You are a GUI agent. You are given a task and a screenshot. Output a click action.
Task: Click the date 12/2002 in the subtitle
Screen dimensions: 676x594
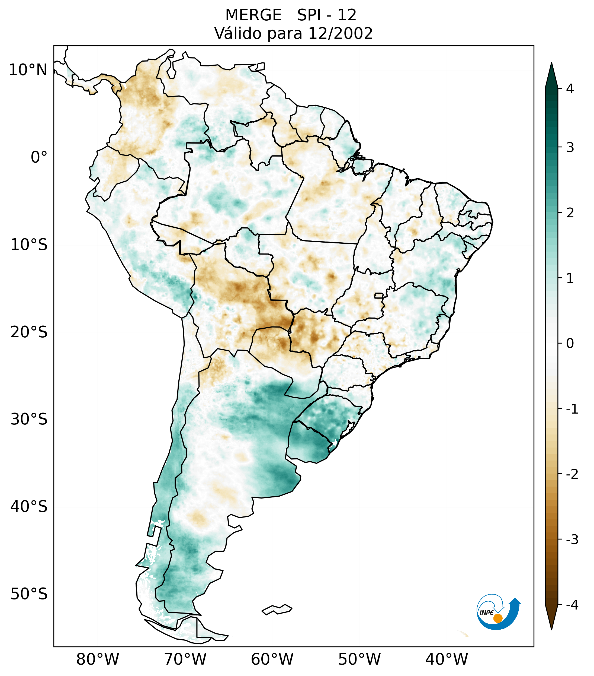340,33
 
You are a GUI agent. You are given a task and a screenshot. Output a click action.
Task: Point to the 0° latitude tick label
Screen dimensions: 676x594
39,157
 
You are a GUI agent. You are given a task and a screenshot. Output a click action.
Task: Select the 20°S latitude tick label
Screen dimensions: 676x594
29,332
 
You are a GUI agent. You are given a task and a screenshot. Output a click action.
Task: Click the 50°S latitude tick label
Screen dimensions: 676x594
29,594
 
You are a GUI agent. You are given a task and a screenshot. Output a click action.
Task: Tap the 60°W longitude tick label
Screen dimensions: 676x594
272,659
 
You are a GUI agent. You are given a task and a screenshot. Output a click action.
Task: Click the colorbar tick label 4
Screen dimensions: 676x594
570,89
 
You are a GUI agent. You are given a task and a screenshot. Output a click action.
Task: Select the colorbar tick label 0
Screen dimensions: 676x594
570,343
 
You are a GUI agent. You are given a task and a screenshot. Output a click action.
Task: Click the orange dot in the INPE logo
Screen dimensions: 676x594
497,618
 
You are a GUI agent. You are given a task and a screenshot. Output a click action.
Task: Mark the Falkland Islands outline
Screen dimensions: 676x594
277,609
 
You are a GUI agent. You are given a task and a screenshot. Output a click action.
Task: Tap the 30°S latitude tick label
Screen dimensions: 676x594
29,419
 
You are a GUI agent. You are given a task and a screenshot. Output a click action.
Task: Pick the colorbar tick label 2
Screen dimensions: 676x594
570,213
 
